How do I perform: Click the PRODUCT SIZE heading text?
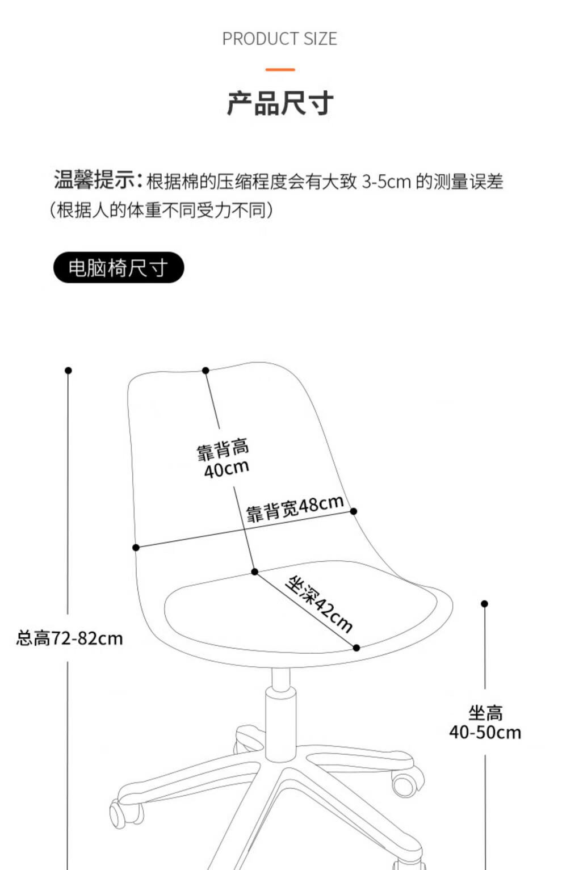280,39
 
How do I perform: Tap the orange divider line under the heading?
280,70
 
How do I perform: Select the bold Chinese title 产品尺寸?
280,103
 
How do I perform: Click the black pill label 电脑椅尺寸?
119,267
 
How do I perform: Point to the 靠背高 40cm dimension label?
223,459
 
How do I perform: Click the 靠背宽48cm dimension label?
295,509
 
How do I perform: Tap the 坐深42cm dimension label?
319,604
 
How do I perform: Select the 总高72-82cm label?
69,638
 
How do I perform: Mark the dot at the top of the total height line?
68,371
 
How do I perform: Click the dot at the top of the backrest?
206,371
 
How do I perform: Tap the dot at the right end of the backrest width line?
354,511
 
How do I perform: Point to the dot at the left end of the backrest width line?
136,548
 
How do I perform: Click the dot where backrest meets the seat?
255,571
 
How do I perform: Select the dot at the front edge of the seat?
357,648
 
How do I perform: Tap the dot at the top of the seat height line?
484,604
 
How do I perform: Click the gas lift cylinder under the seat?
280,722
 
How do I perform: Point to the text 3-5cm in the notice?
386,182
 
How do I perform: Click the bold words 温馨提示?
95,179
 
